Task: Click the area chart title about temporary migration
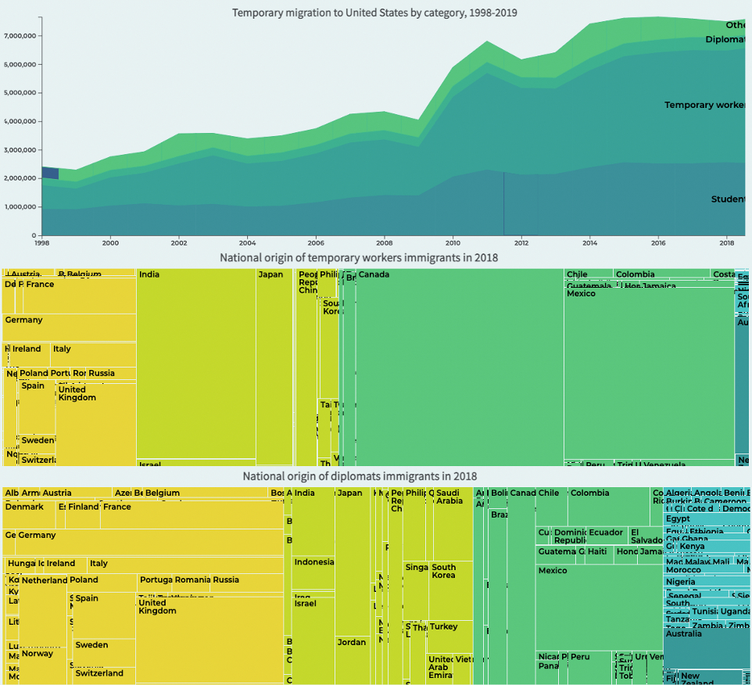[x=375, y=13]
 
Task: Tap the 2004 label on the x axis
[x=248, y=242]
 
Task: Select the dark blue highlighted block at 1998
[x=50, y=174]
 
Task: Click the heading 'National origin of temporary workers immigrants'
[x=359, y=257]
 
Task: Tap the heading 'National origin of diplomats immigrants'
[x=359, y=475]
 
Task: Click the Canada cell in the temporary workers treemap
[x=460, y=368]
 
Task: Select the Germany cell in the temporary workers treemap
[x=69, y=327]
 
